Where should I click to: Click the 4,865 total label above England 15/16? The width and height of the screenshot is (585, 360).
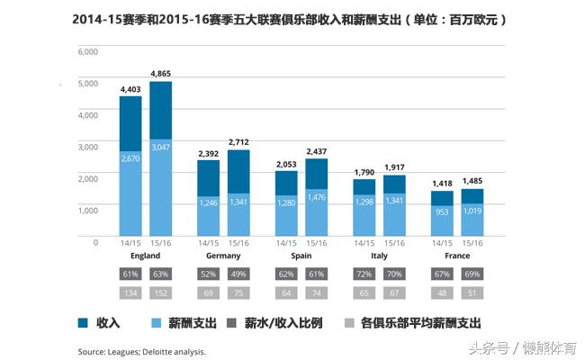pyautogui.click(x=162, y=73)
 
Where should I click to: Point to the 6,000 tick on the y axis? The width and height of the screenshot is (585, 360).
pyautogui.click(x=88, y=51)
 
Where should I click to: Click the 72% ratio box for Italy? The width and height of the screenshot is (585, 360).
pyautogui.click(x=364, y=274)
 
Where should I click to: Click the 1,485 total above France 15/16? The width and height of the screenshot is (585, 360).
pyautogui.click(x=472, y=181)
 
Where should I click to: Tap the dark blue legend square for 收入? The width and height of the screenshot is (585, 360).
pyautogui.click(x=84, y=322)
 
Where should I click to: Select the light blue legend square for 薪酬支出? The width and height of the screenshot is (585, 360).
pyautogui.click(x=155, y=322)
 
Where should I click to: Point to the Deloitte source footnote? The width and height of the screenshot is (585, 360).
pyautogui.click(x=142, y=350)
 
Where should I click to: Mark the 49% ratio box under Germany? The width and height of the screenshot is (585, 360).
pyautogui.click(x=239, y=274)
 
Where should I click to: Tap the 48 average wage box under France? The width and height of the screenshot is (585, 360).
pyautogui.click(x=442, y=292)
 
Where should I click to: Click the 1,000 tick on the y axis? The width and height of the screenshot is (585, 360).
pyautogui.click(x=88, y=210)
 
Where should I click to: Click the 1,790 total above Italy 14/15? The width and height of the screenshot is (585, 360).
pyautogui.click(x=364, y=172)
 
